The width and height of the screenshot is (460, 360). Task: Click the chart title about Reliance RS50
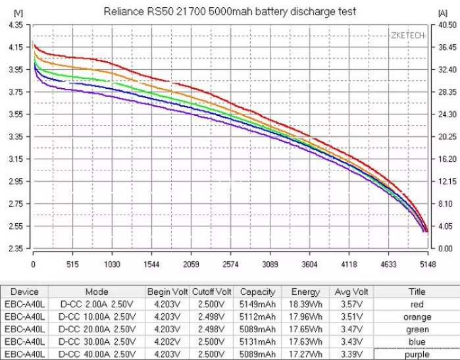[x=230, y=12]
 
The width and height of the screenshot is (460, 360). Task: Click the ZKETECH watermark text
[x=408, y=35]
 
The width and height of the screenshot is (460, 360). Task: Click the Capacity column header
[x=257, y=292]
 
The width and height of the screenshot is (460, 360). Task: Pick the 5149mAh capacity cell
[x=257, y=305]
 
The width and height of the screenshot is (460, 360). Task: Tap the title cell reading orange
[x=417, y=317]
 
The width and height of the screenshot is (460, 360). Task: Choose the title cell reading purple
[x=417, y=355]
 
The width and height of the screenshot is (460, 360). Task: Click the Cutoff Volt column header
[x=212, y=292]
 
